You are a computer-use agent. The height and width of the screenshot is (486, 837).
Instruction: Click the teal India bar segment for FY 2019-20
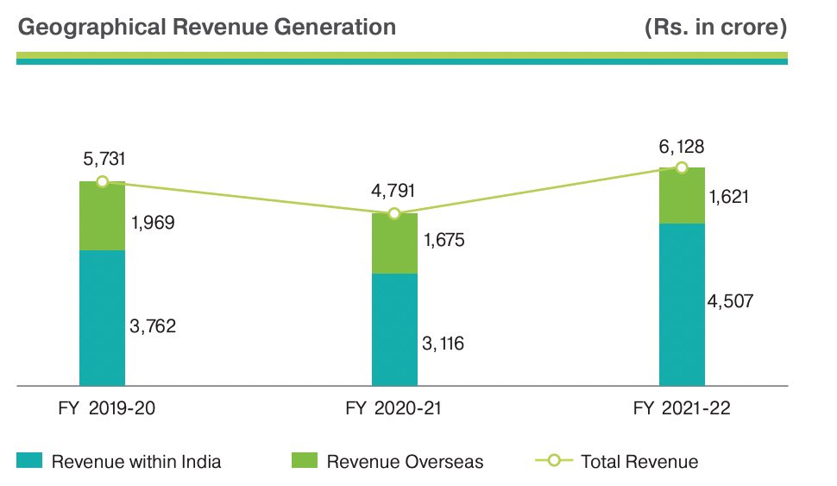(102, 318)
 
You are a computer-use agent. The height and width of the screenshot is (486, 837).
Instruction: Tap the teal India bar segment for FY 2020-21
(394, 329)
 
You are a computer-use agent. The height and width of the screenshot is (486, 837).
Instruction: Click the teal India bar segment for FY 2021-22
(682, 304)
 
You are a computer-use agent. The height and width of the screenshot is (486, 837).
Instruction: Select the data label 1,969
(154, 223)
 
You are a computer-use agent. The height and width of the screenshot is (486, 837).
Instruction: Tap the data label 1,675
(444, 240)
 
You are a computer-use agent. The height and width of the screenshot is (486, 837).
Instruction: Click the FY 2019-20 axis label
(102, 409)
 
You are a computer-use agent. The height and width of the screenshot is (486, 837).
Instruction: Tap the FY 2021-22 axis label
(682, 409)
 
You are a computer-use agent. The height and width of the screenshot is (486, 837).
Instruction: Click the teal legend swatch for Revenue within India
(30, 461)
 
